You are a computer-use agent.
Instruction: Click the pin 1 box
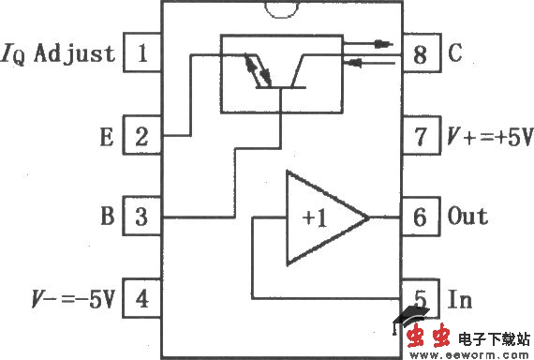pyautogui.click(x=142, y=52)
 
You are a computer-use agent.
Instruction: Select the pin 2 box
pyautogui.click(x=142, y=137)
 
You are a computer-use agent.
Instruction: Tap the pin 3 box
pyautogui.click(x=142, y=217)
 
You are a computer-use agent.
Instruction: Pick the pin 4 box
pyautogui.click(x=142, y=300)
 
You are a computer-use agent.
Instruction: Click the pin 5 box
pyautogui.click(x=420, y=300)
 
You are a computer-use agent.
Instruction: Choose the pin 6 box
pyautogui.click(x=420, y=217)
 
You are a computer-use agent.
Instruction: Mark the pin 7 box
pyautogui.click(x=420, y=137)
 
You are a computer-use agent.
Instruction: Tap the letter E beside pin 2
pyautogui.click(x=107, y=138)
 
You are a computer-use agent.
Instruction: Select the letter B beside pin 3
pyautogui.click(x=107, y=217)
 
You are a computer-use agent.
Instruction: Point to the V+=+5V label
pyautogui.click(x=487, y=138)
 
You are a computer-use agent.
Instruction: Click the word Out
pyautogui.click(x=467, y=217)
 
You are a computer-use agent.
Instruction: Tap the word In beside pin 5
pyautogui.click(x=459, y=300)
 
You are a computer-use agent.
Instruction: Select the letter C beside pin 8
pyautogui.click(x=455, y=54)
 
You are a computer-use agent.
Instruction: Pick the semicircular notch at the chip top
pyautogui.click(x=282, y=8)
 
